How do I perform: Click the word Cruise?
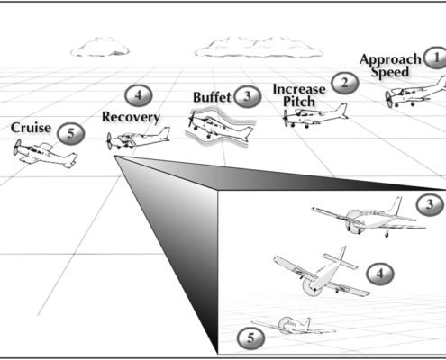click(x=32, y=128)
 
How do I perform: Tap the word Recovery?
click(x=131, y=117)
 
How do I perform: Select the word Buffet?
click(x=212, y=97)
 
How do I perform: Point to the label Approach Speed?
click(x=389, y=66)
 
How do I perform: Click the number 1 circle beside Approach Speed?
click(x=434, y=58)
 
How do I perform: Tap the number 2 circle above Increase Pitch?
click(x=342, y=83)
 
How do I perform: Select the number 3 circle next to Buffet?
click(x=245, y=94)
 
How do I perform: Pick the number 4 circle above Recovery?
click(x=136, y=95)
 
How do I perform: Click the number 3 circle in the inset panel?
click(x=432, y=205)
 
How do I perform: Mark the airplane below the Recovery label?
click(x=138, y=139)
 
